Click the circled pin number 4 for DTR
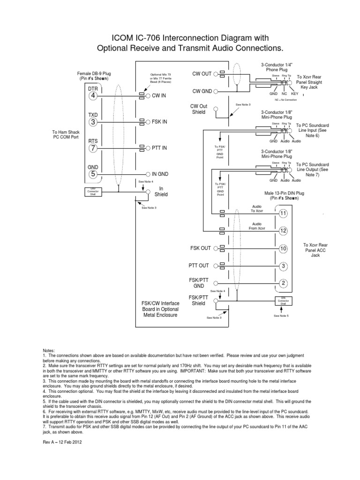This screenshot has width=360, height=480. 93,96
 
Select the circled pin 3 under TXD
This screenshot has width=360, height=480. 93,122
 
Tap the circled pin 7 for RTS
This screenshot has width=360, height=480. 93,148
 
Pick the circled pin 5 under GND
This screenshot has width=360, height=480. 93,174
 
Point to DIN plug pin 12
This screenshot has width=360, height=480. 283,231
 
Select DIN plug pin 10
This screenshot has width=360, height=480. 283,248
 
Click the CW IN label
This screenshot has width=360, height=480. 159,95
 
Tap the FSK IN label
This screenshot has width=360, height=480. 160,121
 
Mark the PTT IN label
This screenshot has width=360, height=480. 159,148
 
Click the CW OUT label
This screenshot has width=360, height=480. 202,74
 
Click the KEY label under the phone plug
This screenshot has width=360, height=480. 294,94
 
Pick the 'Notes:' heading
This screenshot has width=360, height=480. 49,350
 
